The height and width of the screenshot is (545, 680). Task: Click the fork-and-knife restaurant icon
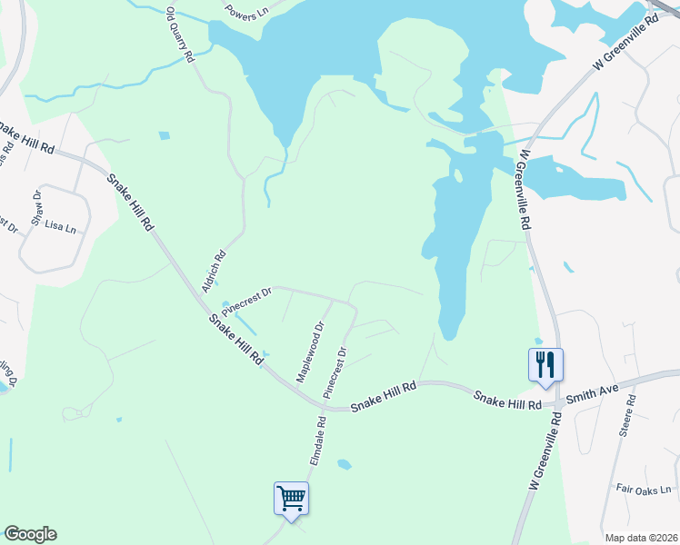coord(545,364)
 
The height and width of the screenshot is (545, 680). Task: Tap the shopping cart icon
coord(291,498)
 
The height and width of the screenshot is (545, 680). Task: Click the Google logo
coord(29,534)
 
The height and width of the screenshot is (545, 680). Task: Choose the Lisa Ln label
coord(60,226)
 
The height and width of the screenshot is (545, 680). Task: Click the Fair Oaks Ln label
coord(643,490)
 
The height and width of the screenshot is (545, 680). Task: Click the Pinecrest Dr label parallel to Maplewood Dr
coord(335,372)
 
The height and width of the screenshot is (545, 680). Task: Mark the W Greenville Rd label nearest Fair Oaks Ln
coord(544,454)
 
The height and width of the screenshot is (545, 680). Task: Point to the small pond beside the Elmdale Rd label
coord(344,465)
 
